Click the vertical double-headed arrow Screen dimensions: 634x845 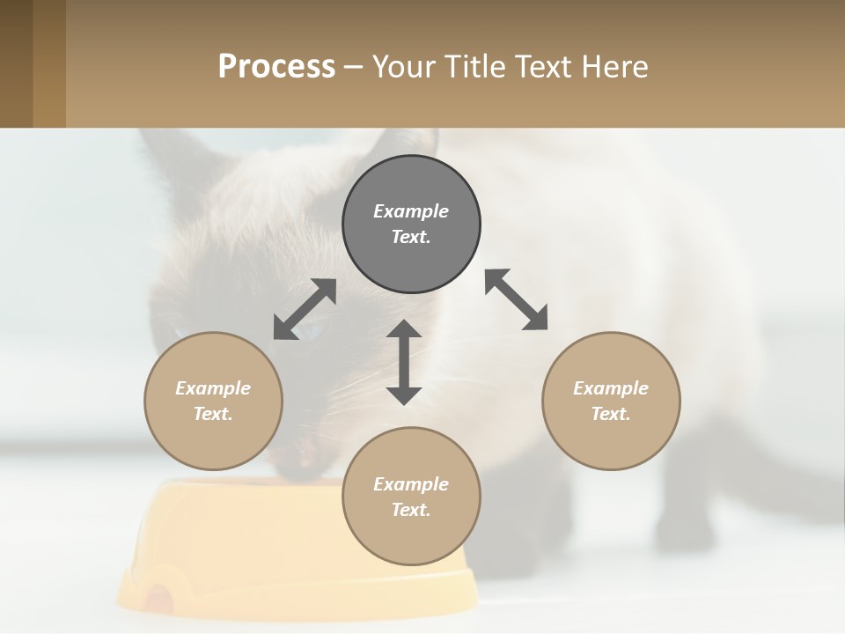click(x=404, y=362)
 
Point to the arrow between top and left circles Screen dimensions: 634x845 click(x=305, y=309)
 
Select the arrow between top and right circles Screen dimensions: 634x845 click(x=516, y=299)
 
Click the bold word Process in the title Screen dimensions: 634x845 click(x=276, y=67)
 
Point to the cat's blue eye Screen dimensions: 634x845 click(x=310, y=331)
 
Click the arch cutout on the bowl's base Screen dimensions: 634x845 click(x=159, y=599)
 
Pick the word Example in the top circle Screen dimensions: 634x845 click(x=411, y=211)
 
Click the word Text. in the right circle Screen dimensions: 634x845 click(x=610, y=414)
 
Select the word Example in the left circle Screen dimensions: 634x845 click(x=213, y=388)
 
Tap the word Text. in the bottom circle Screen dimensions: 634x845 click(x=411, y=510)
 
